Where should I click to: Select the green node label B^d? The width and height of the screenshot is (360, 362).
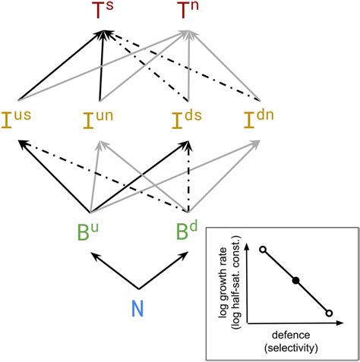coord(188,229)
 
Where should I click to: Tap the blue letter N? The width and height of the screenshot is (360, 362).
coord(138,309)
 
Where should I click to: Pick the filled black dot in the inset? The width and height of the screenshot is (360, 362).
coord(295,281)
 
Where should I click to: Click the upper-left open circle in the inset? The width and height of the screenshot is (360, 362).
coord(262,249)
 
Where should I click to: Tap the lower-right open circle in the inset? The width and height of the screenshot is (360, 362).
coord(329,312)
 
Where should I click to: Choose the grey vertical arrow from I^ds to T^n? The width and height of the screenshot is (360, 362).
coord(188,68)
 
